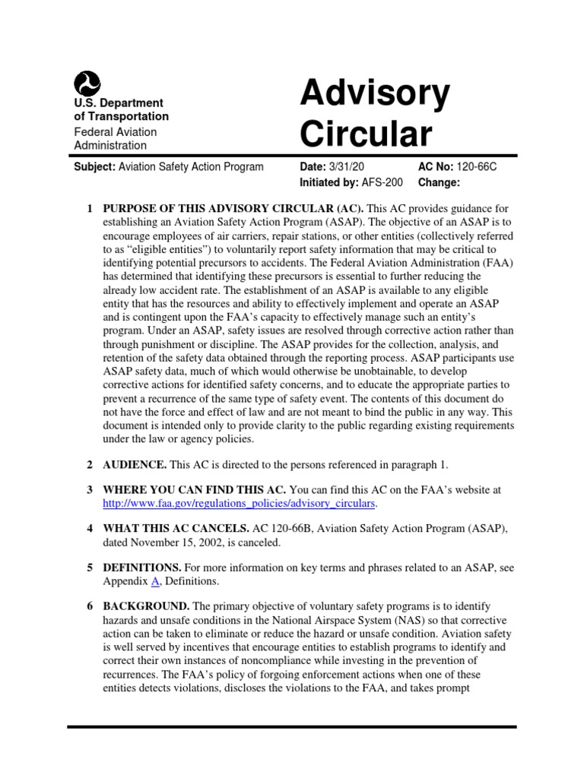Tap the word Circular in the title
[x=365, y=134]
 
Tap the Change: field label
[x=440, y=182]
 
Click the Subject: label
[x=94, y=167]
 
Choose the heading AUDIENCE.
[x=135, y=464]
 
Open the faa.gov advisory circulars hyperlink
[x=240, y=504]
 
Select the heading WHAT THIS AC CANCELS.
[x=176, y=529]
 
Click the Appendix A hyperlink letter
[x=155, y=581]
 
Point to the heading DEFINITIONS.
[x=141, y=568]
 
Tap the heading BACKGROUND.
[x=146, y=606]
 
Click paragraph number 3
[x=90, y=490]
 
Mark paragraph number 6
[x=90, y=606]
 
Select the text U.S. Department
[x=118, y=103]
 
